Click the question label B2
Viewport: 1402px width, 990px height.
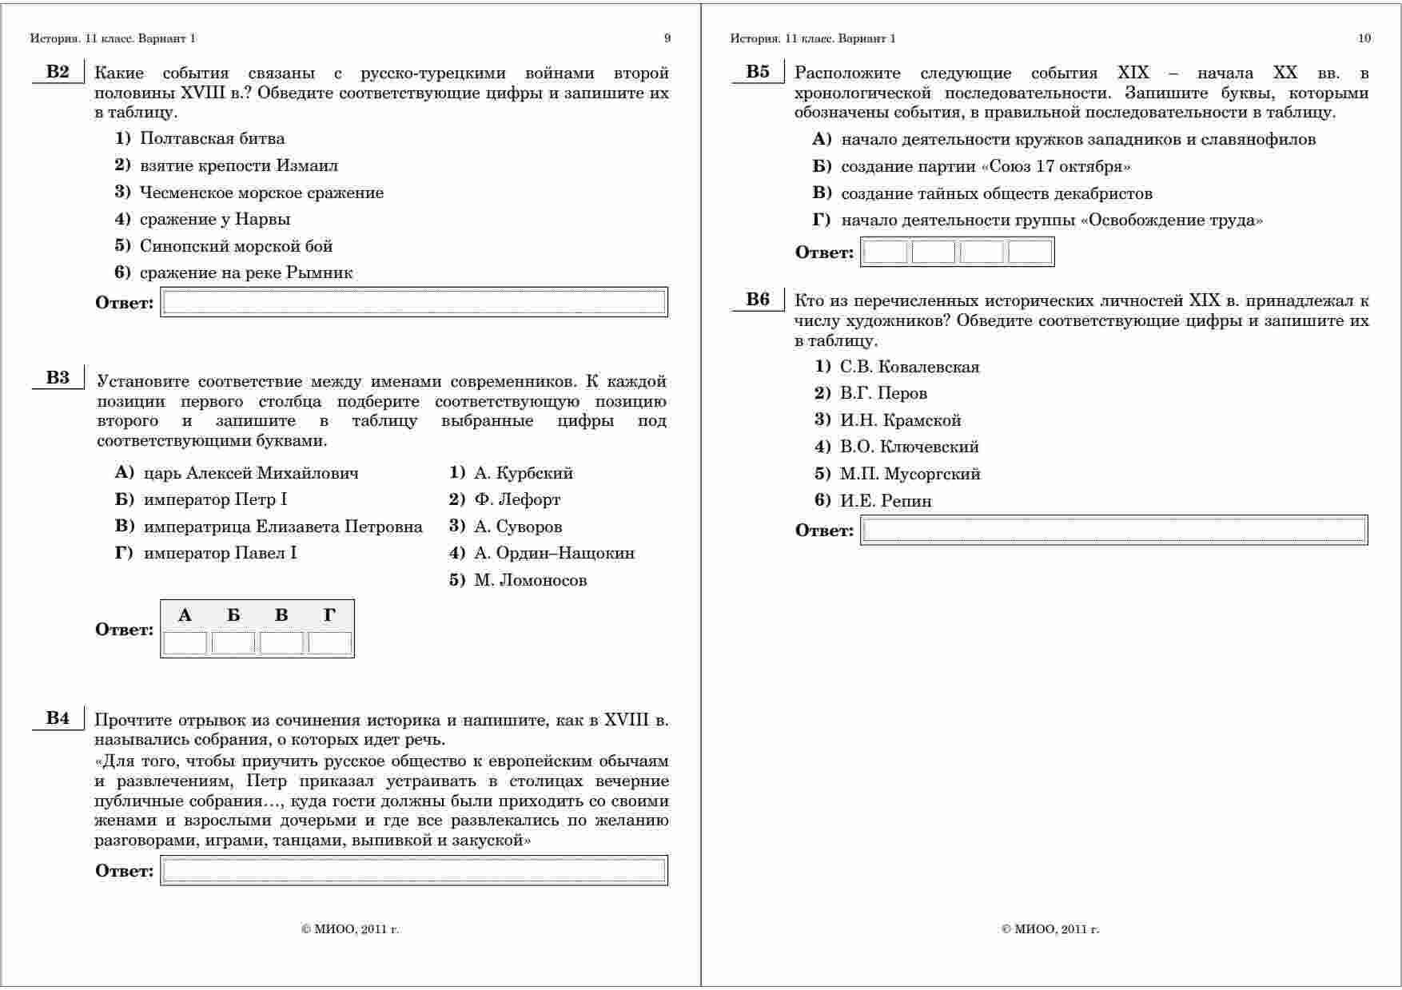(x=58, y=72)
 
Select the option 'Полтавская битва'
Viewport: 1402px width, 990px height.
(x=212, y=138)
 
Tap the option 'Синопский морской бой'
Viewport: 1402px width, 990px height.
(x=236, y=246)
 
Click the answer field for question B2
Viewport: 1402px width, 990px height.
(x=414, y=302)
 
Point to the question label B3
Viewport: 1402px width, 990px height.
(x=58, y=378)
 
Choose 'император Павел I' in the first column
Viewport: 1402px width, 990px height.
(x=220, y=553)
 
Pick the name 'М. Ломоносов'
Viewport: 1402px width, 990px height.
(x=530, y=580)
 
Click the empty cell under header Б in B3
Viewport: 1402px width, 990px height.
(x=233, y=643)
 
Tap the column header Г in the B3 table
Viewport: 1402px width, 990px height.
(x=329, y=615)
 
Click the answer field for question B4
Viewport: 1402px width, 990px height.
(x=414, y=870)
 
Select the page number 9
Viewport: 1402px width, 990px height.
(x=667, y=38)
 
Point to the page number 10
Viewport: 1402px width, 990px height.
(x=1364, y=38)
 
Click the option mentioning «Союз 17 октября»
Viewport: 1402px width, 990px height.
(x=986, y=166)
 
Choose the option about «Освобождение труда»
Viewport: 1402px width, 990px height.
(x=1052, y=220)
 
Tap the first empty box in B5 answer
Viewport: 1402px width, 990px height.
(x=886, y=252)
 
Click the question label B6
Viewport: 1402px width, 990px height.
(x=758, y=300)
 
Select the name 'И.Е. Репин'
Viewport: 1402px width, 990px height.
(x=886, y=501)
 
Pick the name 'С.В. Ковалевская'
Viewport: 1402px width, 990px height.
(x=910, y=367)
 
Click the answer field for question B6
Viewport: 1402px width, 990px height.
(x=1114, y=530)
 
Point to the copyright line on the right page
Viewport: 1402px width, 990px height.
(x=1050, y=929)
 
